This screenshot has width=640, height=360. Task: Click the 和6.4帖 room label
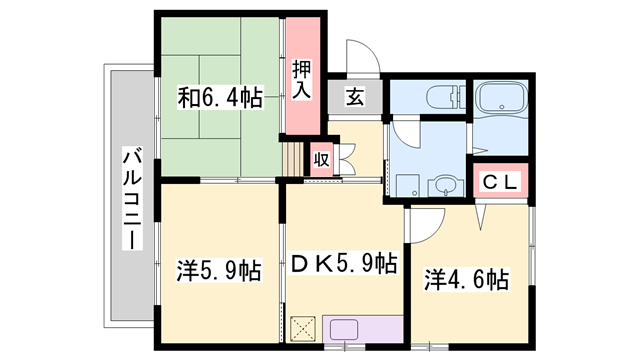pos(220,97)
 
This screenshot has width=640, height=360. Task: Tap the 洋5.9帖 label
pos(220,270)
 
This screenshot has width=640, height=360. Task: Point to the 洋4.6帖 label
pos(466,278)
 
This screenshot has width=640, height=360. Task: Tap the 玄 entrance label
pos(355,97)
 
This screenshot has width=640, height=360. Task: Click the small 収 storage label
pos(321,159)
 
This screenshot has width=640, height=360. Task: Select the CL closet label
pos(499,181)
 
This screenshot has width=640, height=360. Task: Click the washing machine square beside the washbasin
pos(406,186)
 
